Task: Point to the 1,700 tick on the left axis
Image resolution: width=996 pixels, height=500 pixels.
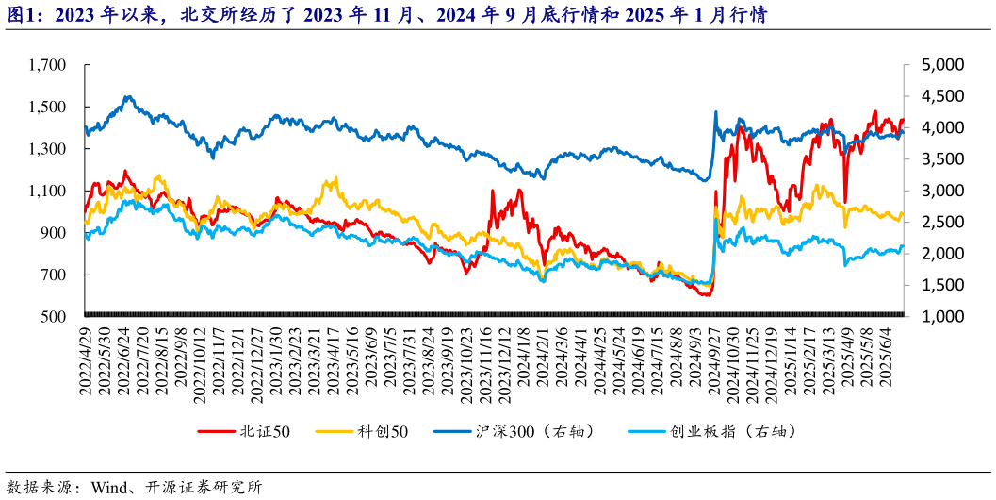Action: tap(46, 65)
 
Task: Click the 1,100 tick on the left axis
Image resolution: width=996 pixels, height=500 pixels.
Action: tap(46, 191)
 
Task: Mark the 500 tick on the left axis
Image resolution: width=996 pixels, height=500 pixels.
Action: tap(54, 317)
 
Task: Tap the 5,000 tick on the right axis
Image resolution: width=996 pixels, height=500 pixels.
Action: tap(939, 65)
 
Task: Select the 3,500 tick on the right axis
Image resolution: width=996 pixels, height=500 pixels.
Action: tap(939, 159)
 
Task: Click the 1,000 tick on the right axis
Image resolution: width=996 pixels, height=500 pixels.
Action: tap(939, 317)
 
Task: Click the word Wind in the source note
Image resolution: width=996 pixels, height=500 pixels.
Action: tap(108, 488)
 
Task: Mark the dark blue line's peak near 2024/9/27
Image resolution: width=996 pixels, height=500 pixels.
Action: tap(716, 112)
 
